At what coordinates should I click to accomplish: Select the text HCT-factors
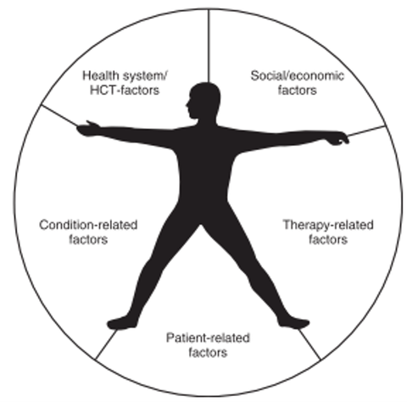coord(125,90)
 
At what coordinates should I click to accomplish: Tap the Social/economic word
coord(298,75)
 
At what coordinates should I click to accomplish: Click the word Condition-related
coord(88,225)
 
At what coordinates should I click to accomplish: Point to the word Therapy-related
coord(328,225)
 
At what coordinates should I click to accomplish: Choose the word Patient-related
coord(208,338)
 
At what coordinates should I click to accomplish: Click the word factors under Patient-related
coord(208,353)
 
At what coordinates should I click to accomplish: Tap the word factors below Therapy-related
coord(328,240)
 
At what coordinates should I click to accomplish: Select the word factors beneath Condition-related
coord(88,240)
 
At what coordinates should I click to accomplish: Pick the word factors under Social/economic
coord(298,91)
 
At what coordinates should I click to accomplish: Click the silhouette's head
coord(203,100)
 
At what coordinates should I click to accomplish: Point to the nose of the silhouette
coord(187,105)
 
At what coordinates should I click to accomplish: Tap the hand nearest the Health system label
coord(87,129)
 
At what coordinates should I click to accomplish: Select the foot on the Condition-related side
coord(121,322)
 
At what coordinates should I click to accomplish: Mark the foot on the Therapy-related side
coord(294,322)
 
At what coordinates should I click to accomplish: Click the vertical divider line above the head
coord(209,46)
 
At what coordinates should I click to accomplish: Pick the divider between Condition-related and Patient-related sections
coord(106,344)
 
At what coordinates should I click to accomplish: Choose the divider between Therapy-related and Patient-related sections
coord(309,344)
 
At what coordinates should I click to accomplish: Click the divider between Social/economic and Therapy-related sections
coord(366,131)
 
